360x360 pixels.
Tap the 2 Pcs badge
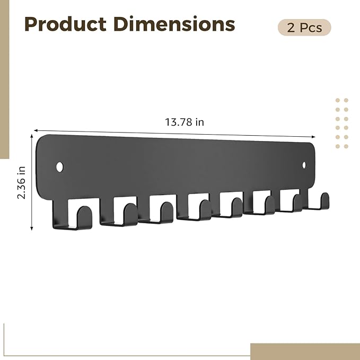(x=304, y=28)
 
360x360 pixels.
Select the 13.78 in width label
(x=185, y=122)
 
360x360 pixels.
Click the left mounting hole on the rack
(x=60, y=167)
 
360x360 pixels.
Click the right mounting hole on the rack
(x=304, y=165)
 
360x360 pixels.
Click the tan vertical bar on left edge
(x=4, y=80)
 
